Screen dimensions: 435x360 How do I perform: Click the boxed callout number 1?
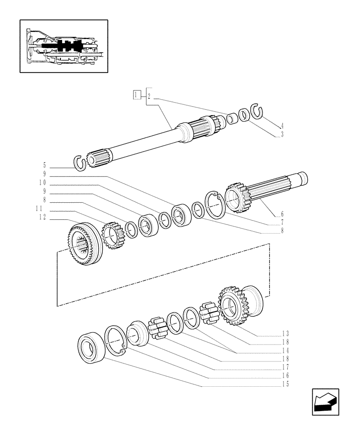pyautogui.click(x=137, y=95)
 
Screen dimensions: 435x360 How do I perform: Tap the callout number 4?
pyautogui.click(x=282, y=126)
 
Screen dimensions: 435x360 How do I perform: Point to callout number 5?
pyautogui.click(x=44, y=165)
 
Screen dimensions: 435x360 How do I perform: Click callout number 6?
pyautogui.click(x=282, y=214)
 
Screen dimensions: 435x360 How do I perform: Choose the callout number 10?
pyautogui.click(x=43, y=182)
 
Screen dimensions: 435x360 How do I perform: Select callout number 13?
pyautogui.click(x=285, y=334)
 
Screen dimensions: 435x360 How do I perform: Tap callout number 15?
pyautogui.click(x=285, y=384)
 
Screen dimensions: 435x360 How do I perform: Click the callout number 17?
pyautogui.click(x=285, y=367)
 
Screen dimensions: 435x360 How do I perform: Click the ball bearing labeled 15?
pyautogui.click(x=91, y=346)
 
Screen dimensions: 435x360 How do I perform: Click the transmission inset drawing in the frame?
pyautogui.click(x=63, y=47)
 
